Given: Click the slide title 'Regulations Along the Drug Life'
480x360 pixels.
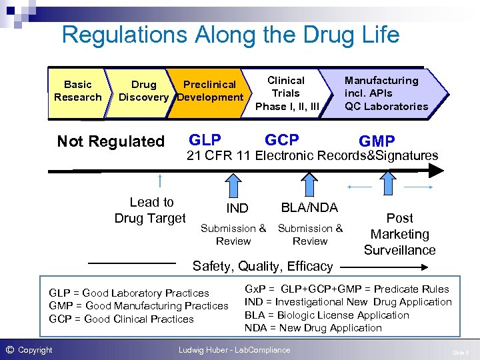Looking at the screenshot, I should click(230, 34).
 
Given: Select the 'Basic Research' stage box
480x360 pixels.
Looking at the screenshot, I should click(78, 91).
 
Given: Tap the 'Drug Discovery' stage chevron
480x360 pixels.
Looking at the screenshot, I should click(143, 91).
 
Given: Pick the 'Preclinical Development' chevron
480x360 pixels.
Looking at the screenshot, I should click(209, 91).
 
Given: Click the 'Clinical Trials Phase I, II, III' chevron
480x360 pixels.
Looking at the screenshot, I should click(287, 93).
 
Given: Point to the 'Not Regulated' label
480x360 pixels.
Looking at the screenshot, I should click(111, 141).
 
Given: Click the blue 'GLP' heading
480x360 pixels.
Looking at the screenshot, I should click(205, 140).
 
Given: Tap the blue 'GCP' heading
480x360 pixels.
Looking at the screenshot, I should click(282, 140).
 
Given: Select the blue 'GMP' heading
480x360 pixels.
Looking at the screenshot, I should click(377, 141).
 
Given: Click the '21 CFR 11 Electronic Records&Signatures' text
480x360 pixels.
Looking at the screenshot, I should click(312, 156).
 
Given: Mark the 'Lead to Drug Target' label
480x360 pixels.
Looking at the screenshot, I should click(151, 210).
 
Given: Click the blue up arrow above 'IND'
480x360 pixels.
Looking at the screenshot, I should click(233, 184).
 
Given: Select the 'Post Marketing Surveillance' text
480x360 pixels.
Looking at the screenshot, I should click(399, 234).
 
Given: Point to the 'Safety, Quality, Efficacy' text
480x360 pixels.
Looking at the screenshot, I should click(263, 266).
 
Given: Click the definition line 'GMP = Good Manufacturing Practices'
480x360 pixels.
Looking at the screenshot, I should click(139, 305).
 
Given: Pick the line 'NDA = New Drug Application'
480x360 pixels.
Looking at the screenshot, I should click(313, 327).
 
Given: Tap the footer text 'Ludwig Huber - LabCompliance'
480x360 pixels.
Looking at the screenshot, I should click(234, 349).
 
